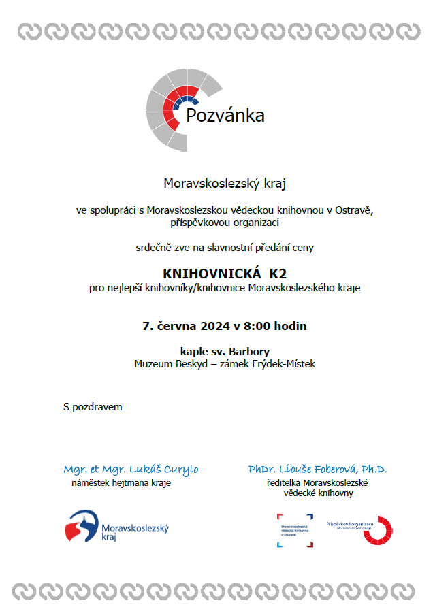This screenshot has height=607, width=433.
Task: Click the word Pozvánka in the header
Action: [225, 116]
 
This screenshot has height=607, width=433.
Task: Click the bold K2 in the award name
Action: [278, 274]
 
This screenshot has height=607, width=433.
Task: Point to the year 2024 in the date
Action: [207, 326]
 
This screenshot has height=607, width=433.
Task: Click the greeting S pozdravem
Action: [93, 407]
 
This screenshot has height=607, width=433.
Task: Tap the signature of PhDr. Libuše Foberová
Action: [317, 470]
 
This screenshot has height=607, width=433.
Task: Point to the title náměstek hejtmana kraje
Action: [121, 483]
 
